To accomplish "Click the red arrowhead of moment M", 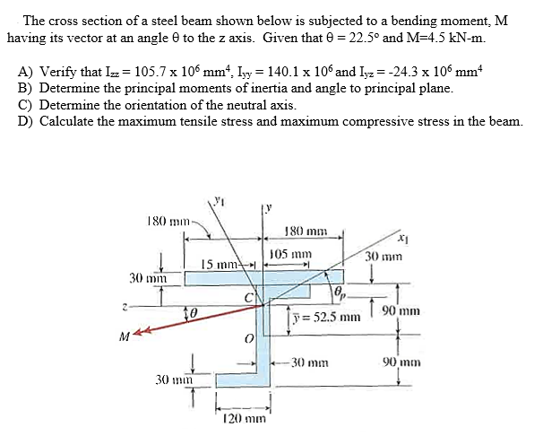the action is tap(139, 332).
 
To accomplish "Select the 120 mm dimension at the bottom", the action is tap(245, 419).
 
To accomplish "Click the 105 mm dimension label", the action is tap(291, 254).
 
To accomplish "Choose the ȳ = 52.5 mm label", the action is tap(326, 317).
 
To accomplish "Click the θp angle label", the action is tap(340, 293).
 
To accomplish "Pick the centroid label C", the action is tap(249, 298).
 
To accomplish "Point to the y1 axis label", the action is tap(219, 200).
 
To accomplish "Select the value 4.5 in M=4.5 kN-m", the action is tap(438, 38).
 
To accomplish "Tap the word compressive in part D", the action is tap(376, 121).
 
